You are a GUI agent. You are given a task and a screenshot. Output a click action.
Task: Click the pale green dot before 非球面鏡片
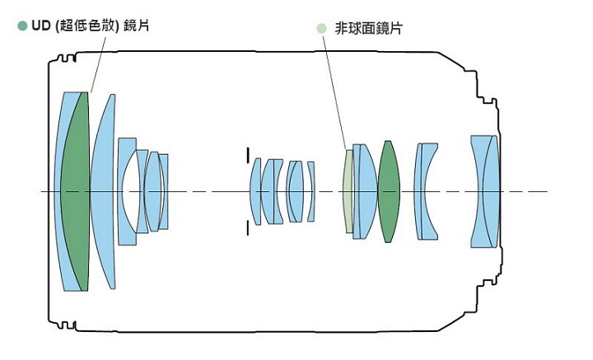point(322,27)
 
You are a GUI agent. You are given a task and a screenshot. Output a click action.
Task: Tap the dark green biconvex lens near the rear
point(389,191)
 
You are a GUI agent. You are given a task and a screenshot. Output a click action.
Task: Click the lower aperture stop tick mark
point(246,228)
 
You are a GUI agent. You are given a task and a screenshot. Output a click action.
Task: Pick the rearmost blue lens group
point(486,191)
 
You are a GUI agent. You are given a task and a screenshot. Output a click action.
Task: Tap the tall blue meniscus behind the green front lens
point(102,191)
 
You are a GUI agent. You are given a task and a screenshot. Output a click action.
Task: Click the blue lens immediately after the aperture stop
point(256,191)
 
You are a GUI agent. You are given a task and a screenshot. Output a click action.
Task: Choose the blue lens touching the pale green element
point(363,191)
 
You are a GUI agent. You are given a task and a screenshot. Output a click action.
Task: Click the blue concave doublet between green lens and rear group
point(426,191)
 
